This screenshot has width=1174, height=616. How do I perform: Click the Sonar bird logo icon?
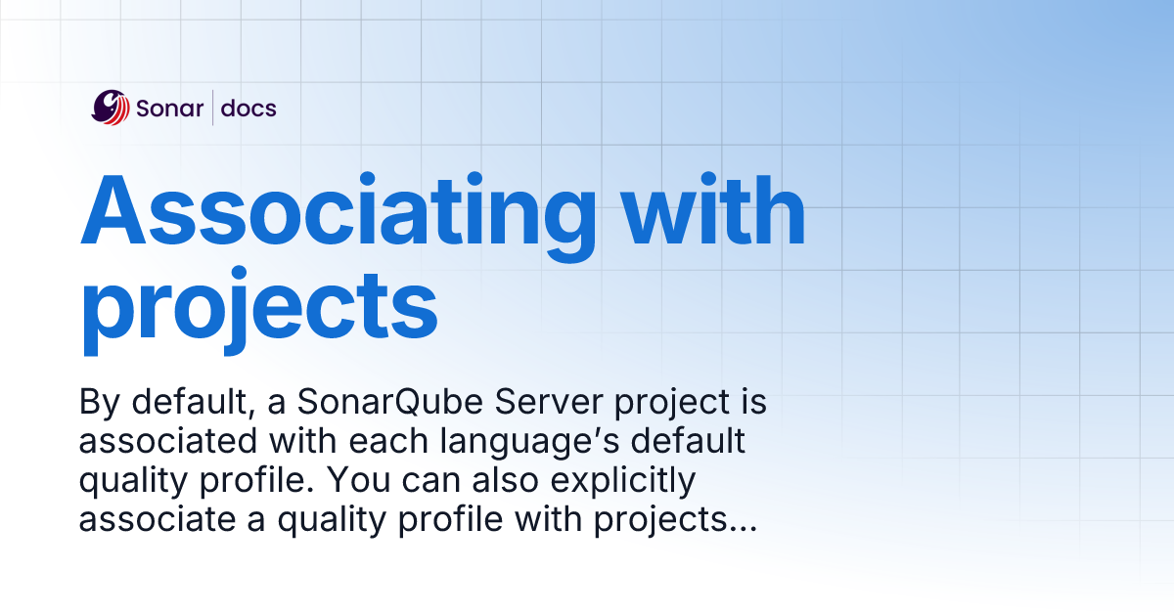[x=111, y=108]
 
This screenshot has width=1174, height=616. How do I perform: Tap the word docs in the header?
[x=248, y=108]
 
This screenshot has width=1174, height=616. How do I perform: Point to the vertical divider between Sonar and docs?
[x=212, y=108]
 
